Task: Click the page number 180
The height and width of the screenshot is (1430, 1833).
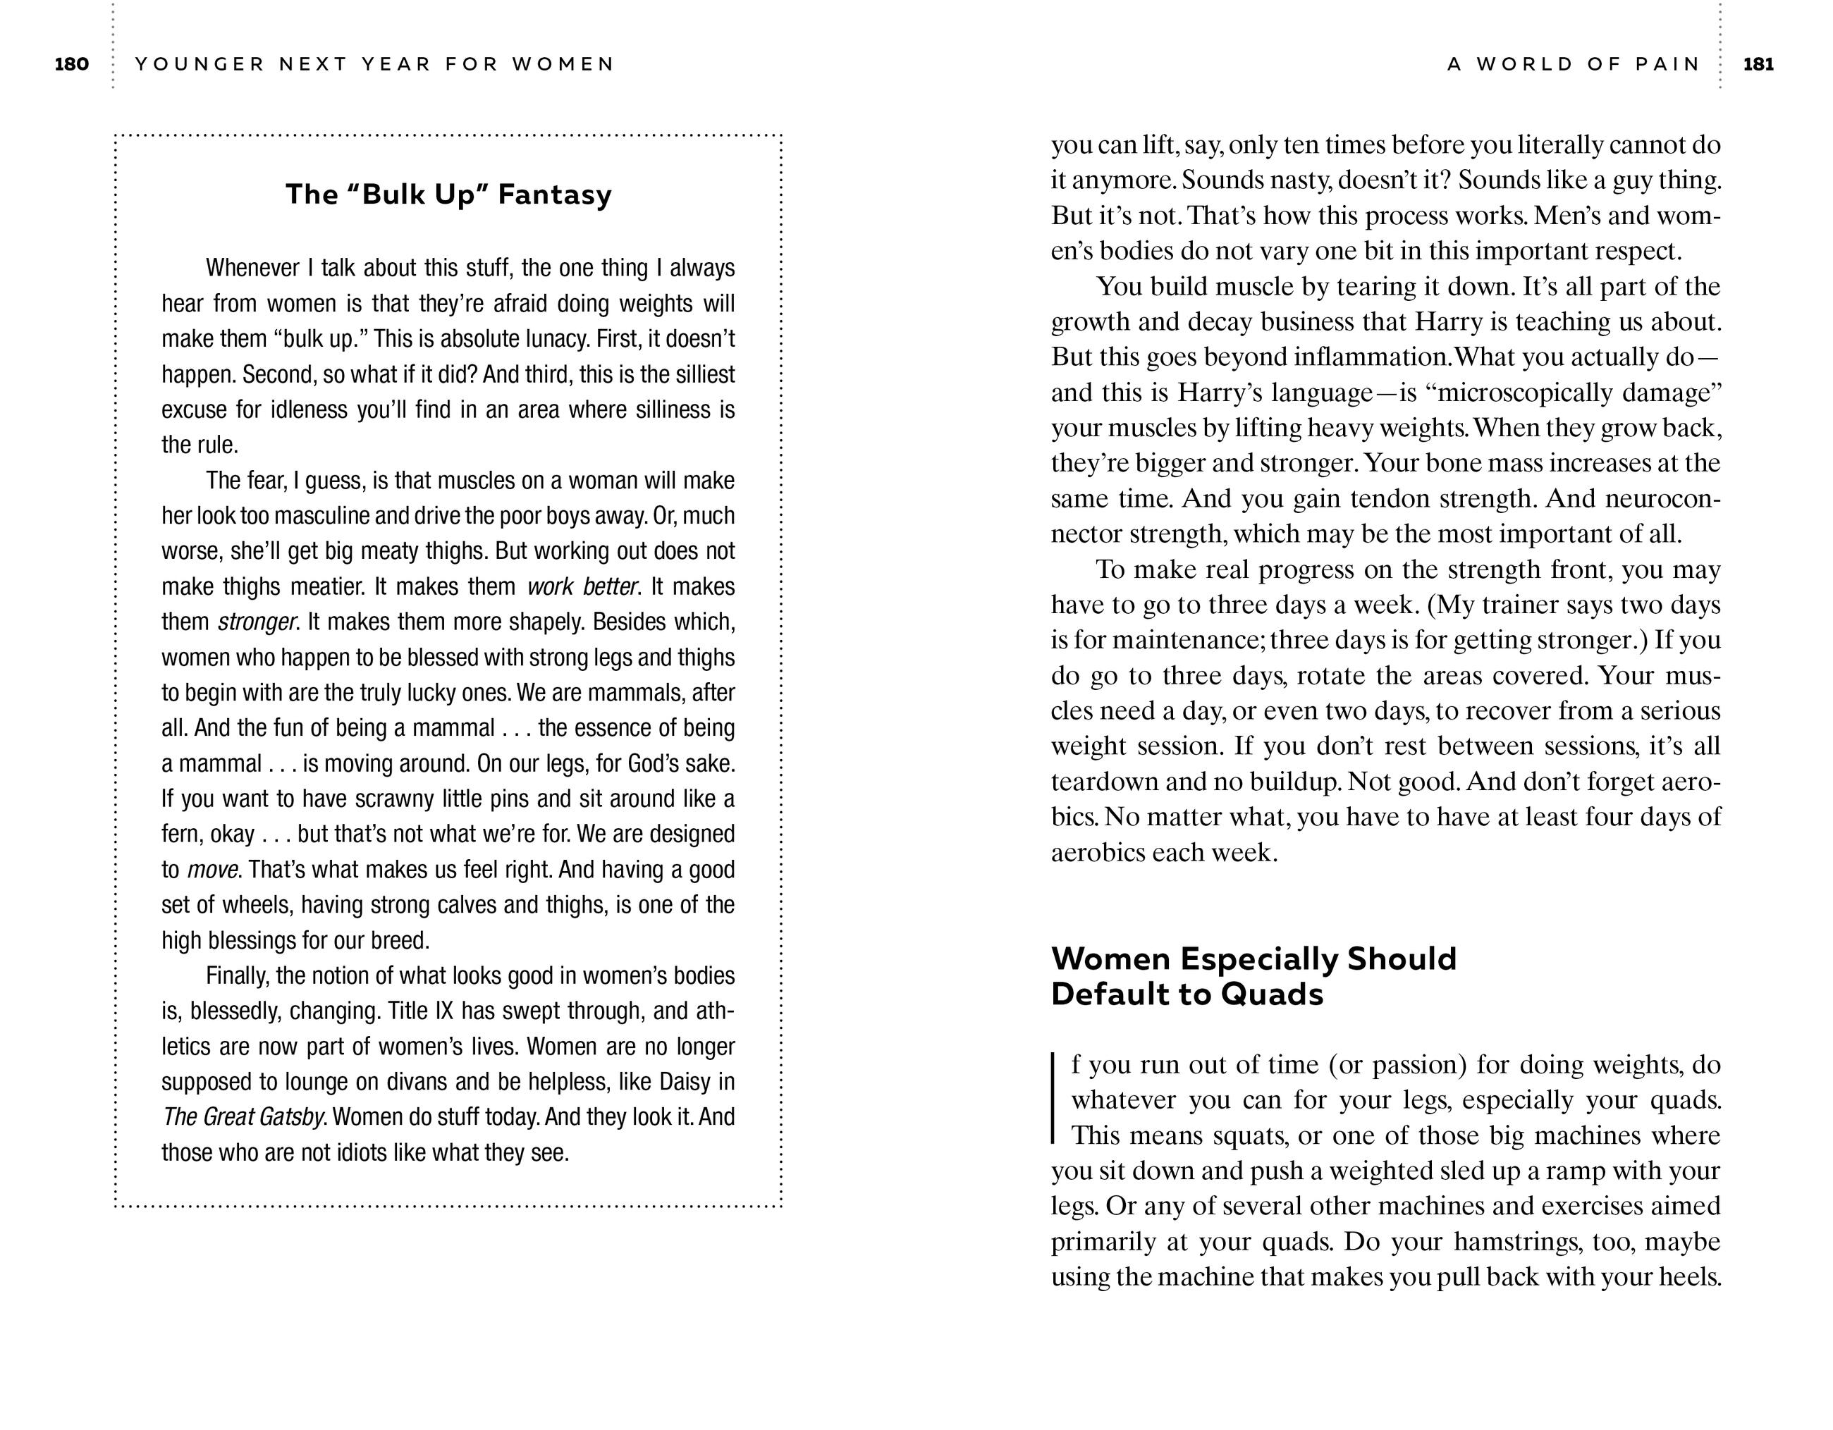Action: pos(71,65)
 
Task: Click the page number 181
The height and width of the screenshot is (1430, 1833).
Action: pos(1758,65)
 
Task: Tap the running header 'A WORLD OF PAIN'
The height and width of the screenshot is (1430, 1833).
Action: pos(1574,65)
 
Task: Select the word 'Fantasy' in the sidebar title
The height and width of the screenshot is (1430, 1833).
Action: pos(555,195)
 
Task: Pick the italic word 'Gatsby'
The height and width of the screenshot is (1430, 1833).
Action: pos(290,1117)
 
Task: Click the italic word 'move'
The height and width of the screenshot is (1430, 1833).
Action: pos(211,870)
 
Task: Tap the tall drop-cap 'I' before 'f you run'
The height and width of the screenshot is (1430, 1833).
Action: pos(1054,1099)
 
